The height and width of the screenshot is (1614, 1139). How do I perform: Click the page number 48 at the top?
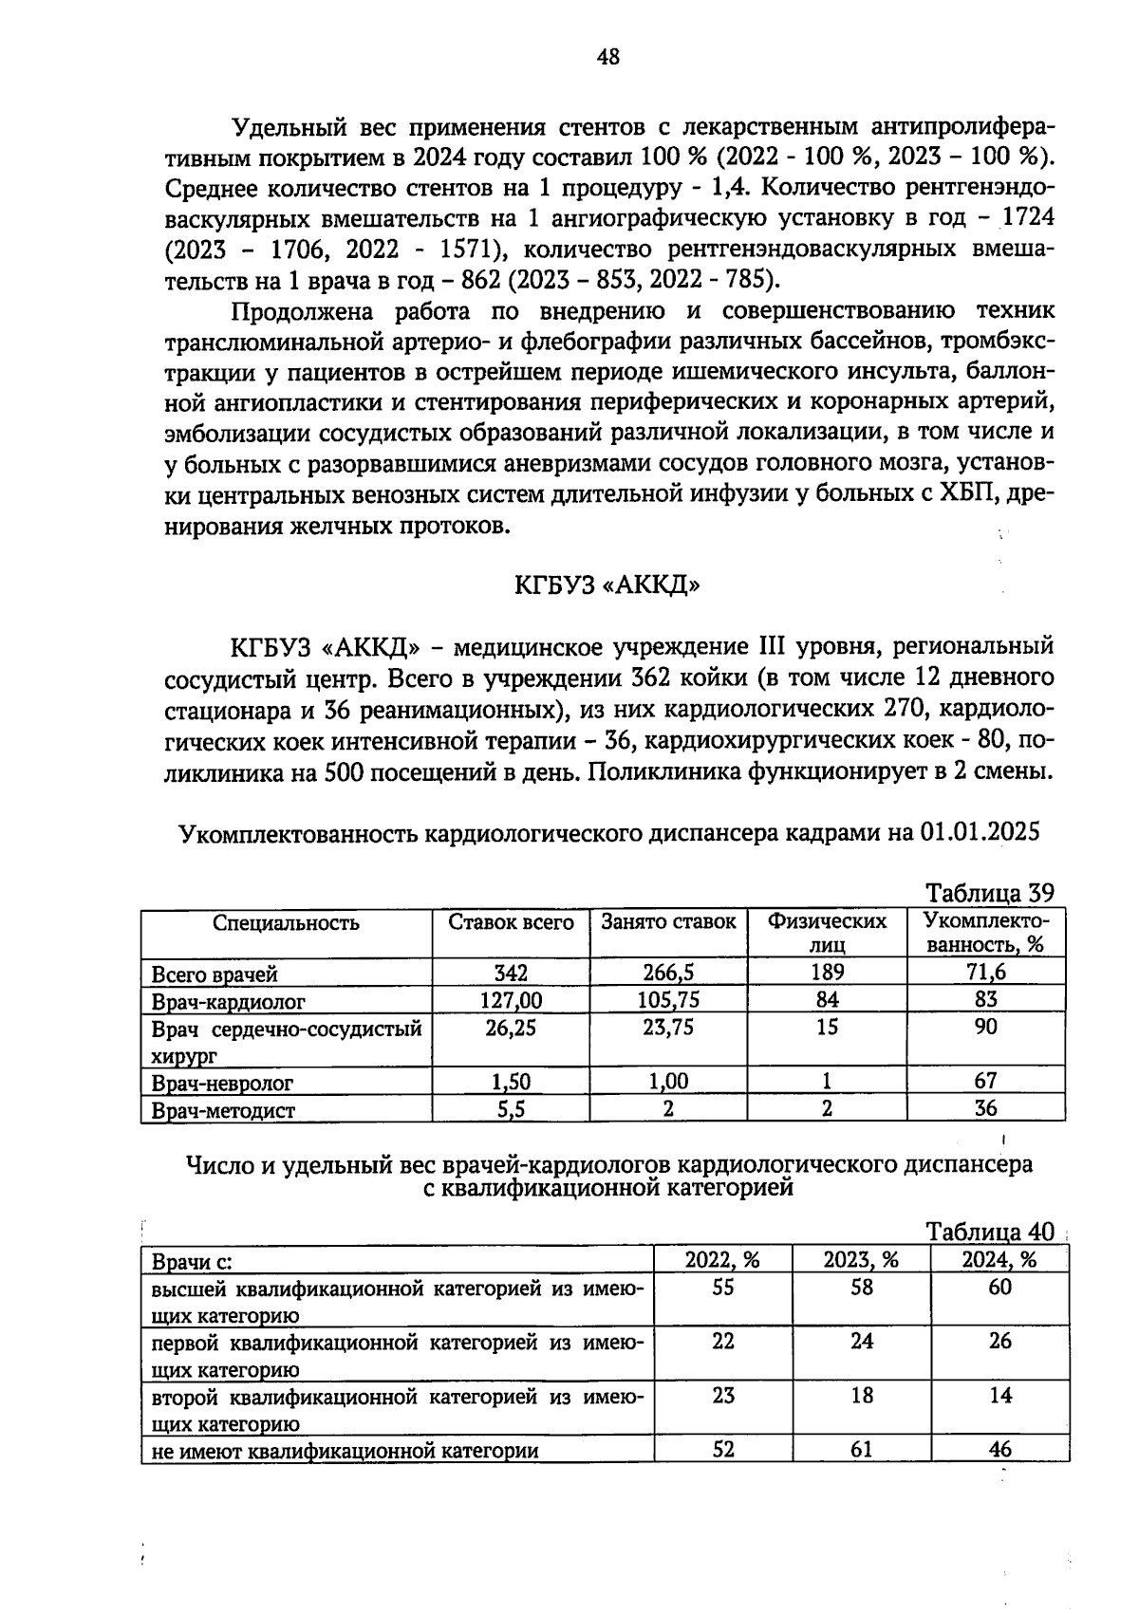tap(608, 57)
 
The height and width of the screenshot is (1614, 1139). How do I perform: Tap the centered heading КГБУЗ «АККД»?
tap(607, 585)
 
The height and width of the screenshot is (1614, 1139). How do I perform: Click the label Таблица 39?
tap(989, 893)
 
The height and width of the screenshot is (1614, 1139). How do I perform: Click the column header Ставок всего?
tap(511, 922)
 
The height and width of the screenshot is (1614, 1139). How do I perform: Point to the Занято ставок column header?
tap(668, 922)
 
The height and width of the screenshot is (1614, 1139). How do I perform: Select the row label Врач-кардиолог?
tap(229, 1001)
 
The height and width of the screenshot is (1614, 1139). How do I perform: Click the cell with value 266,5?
tap(668, 973)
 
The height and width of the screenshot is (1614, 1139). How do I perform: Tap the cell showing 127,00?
tap(511, 1000)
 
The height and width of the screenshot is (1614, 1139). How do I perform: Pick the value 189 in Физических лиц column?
tap(827, 973)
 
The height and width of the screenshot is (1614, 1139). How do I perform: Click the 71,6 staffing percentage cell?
tap(986, 973)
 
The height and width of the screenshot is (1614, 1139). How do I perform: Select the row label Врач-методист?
tap(223, 1110)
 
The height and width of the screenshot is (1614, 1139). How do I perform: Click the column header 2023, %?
tap(861, 1259)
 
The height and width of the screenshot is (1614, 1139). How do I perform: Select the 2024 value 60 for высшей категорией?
tap(999, 1288)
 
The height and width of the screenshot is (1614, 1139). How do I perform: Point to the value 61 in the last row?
tap(861, 1450)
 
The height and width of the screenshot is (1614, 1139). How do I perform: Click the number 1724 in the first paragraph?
tap(1027, 218)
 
